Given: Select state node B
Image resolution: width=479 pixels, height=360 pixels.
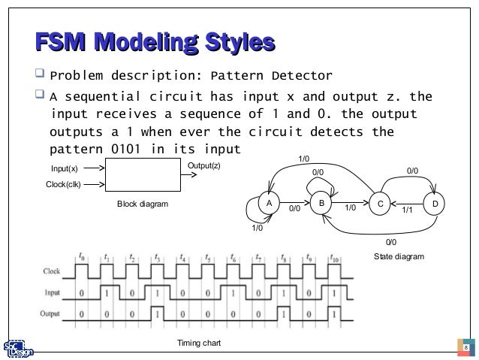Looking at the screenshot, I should pos(321,204).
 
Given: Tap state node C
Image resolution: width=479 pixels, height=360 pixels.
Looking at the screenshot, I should pos(380,204).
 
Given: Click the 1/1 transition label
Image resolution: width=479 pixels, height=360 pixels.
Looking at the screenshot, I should pos(407,211).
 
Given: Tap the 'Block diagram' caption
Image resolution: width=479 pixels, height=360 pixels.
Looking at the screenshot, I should pos(142,204).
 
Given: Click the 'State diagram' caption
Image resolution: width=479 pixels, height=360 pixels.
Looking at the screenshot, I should pos(399,257).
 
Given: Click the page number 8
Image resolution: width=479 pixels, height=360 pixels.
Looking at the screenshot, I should pos(465,348).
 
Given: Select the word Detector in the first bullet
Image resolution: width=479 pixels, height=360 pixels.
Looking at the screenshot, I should pos(300,77).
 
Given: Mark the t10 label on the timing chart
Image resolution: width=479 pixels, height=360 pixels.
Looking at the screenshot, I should pos(335,256).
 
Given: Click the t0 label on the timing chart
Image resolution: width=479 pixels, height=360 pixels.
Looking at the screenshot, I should pos(80,256).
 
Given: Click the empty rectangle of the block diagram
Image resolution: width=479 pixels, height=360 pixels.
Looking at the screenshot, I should pos(143,177).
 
